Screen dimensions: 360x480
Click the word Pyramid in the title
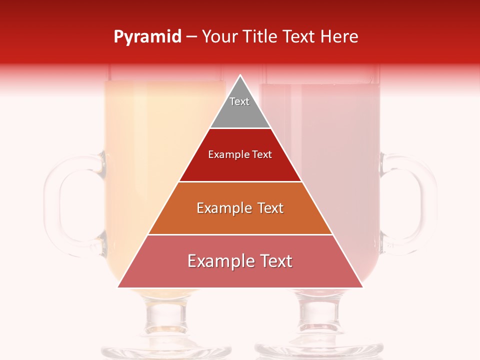tap(147, 37)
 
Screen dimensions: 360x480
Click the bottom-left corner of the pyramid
tap(118, 287)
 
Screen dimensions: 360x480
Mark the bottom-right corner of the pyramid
tap(362, 287)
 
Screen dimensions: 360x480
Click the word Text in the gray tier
tap(239, 101)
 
